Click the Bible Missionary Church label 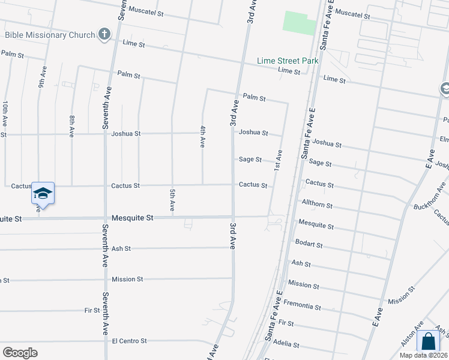[x=50, y=35]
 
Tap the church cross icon [x=104, y=34]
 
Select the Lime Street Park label [x=288, y=61]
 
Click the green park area [x=299, y=22]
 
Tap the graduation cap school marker [x=42, y=193]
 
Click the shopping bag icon [x=428, y=341]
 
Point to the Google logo [x=20, y=353]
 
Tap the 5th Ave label [x=172, y=200]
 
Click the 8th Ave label [x=72, y=127]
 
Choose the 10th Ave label [x=5, y=112]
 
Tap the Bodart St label [x=309, y=245]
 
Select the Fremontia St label [x=302, y=305]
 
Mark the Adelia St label [x=286, y=346]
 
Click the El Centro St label [x=129, y=341]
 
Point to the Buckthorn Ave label [x=429, y=198]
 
